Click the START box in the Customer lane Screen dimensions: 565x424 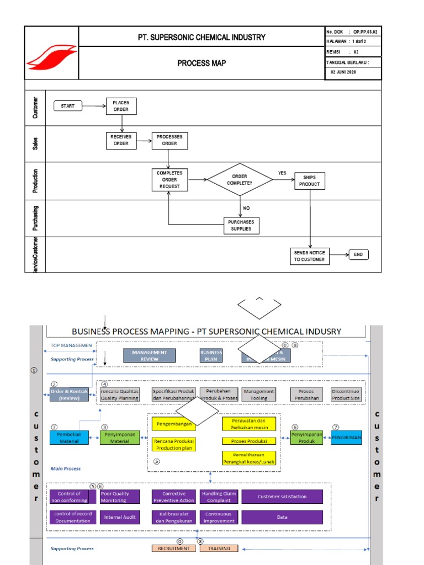[x=67, y=105]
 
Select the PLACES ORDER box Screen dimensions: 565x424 [x=121, y=106]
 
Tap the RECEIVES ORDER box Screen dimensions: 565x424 [x=121, y=140]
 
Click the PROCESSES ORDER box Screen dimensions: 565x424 [x=169, y=140]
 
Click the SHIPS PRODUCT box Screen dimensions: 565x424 [x=309, y=180]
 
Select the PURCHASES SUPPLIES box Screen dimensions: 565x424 [x=241, y=225]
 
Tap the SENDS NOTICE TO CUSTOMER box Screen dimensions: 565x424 [x=309, y=255]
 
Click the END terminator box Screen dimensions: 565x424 [x=358, y=254]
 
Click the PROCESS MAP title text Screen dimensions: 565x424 [x=202, y=63]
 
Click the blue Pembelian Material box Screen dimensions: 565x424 [x=69, y=438]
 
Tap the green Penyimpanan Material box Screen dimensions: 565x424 [x=120, y=438]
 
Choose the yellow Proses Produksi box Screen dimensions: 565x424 [x=250, y=441]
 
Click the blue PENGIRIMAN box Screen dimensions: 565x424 [x=346, y=438]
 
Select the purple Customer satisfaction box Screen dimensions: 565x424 [x=282, y=497]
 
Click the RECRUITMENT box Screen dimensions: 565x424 [x=173, y=548]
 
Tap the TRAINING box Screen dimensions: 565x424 [x=219, y=548]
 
